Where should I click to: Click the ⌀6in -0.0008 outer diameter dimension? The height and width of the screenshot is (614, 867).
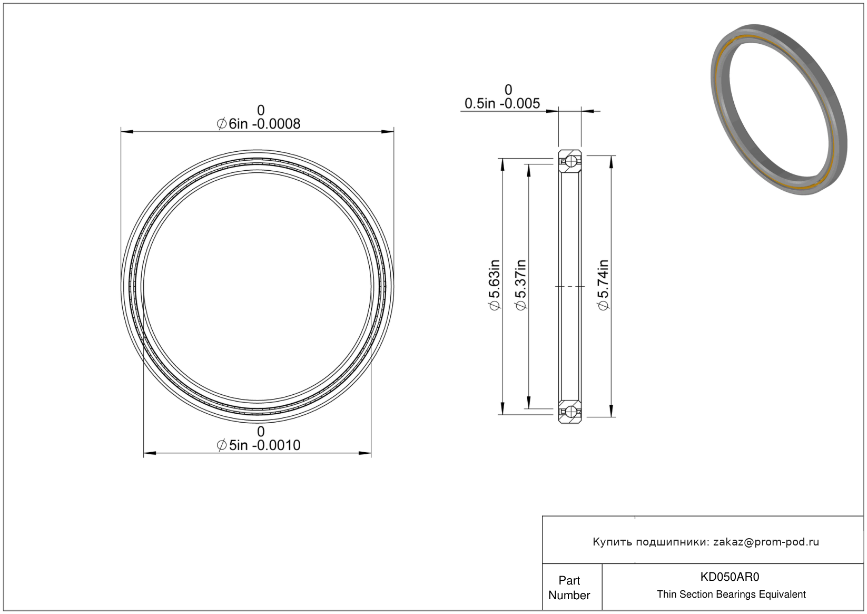(258, 124)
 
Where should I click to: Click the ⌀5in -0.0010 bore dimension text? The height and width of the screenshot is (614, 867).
(258, 445)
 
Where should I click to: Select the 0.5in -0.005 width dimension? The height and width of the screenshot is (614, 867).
(502, 103)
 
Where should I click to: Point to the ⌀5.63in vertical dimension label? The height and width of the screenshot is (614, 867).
(495, 285)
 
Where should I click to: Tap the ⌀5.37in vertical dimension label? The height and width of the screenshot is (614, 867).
(521, 285)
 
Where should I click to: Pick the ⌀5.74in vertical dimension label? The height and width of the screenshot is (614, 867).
(603, 285)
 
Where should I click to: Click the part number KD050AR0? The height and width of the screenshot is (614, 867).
(730, 577)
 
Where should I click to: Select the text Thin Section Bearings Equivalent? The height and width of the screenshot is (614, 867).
(731, 594)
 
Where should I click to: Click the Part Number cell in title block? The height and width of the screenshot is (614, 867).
(569, 588)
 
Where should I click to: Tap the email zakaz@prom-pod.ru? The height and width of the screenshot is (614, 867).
(766, 542)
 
